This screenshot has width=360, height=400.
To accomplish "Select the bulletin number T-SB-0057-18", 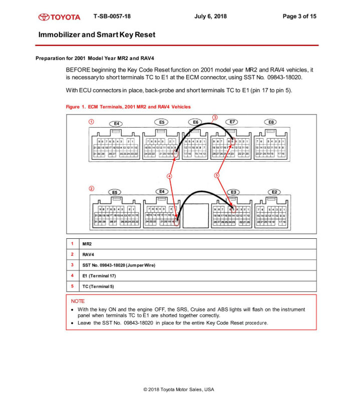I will pyautogui.click(x=112, y=17).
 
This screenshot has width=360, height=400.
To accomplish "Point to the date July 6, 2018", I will pyautogui.click(x=210, y=17).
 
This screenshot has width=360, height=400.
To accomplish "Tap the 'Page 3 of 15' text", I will pyautogui.click(x=299, y=17).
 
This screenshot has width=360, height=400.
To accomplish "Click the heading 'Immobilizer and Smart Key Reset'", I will pyautogui.click(x=97, y=35).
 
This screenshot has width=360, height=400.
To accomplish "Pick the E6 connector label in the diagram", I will pyautogui.click(x=196, y=122).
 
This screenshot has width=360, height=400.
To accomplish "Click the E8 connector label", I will pyautogui.click(x=271, y=122).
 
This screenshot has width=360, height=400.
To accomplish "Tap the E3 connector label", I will pyautogui.click(x=233, y=192).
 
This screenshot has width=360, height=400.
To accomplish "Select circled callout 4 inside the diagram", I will pyautogui.click(x=169, y=176).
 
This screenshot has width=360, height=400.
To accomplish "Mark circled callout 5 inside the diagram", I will pyautogui.click(x=217, y=175).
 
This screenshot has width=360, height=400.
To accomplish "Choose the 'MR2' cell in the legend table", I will pyautogui.click(x=87, y=244).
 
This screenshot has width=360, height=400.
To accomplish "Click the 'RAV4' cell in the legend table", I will pyautogui.click(x=88, y=254).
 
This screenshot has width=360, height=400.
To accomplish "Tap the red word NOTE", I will pyautogui.click(x=78, y=301).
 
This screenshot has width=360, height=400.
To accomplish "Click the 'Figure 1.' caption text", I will pyautogui.click(x=76, y=107).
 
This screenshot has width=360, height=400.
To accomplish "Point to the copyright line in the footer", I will pyautogui.click(x=179, y=389).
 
